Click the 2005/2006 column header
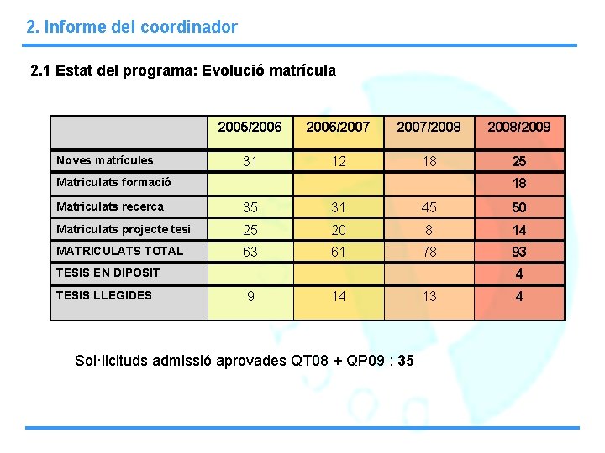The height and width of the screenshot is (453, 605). (250, 127)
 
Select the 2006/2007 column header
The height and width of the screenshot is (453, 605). (338, 127)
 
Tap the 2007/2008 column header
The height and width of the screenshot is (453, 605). (429, 127)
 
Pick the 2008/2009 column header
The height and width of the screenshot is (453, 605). (518, 127)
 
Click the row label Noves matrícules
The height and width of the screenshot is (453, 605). (104, 160)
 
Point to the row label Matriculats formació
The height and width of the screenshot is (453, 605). (113, 182)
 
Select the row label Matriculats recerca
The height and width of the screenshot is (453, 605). (109, 206)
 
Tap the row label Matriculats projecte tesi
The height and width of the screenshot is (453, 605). (123, 229)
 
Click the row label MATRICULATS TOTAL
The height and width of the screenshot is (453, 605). (118, 251)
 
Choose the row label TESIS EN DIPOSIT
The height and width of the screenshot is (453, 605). (107, 273)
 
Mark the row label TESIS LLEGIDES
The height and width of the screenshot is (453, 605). (103, 295)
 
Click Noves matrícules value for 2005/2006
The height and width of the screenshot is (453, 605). (250, 161)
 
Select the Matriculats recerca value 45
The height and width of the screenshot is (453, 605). (429, 207)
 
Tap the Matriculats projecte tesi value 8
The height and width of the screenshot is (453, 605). (429, 230)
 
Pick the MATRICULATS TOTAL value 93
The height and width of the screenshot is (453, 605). (518, 252)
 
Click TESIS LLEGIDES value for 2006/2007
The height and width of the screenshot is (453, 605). (338, 296)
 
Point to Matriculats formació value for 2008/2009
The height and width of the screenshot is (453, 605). (519, 184)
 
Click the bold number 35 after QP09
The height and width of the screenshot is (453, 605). (405, 362)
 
